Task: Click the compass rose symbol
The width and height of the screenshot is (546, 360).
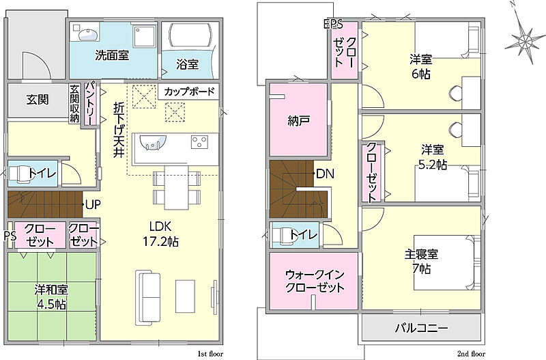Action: tap(524, 40)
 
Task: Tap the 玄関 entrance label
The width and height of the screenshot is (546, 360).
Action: tap(38, 100)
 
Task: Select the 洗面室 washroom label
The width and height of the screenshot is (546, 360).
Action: tap(112, 55)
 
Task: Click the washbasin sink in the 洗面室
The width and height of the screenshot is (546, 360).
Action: tap(87, 35)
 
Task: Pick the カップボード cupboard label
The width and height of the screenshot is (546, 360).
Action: tap(189, 92)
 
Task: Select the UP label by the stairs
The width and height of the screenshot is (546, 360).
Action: tap(93, 204)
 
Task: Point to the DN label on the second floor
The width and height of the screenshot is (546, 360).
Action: tap(325, 174)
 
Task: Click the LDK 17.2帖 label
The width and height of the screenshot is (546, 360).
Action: tap(160, 234)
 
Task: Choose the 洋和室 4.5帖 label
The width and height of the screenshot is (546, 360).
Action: tap(51, 297)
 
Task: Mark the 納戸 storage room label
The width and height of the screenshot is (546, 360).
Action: tap(299, 121)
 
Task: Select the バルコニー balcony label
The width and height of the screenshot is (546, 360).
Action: tap(421, 328)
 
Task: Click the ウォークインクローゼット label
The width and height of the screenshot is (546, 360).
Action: tap(315, 281)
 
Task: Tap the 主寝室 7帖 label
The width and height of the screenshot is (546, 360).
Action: tap(421, 262)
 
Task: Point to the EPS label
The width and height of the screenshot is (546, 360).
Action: tap(333, 24)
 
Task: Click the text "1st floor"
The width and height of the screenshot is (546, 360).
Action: tap(210, 354)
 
